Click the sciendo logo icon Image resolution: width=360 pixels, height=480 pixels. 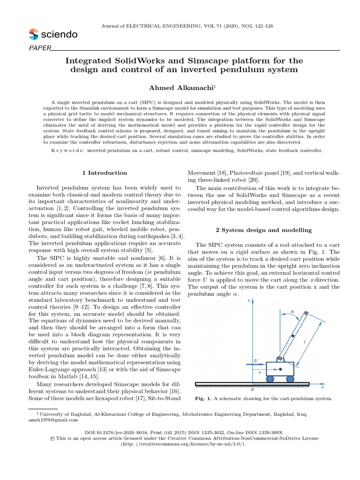(34, 34)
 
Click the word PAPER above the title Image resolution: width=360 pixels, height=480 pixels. (39, 48)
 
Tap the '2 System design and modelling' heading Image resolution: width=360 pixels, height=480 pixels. (263, 230)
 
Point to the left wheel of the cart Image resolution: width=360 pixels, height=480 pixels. (271, 379)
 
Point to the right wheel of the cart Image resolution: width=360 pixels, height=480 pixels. (290, 379)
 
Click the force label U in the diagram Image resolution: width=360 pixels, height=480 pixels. (255, 361)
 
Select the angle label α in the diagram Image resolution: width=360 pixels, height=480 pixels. (292, 311)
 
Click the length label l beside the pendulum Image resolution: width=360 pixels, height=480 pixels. (305, 342)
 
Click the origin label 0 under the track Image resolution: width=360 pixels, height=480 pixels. (252, 390)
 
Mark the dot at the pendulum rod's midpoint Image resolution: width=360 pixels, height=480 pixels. (293, 336)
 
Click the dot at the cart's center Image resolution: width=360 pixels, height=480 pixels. (280, 370)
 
